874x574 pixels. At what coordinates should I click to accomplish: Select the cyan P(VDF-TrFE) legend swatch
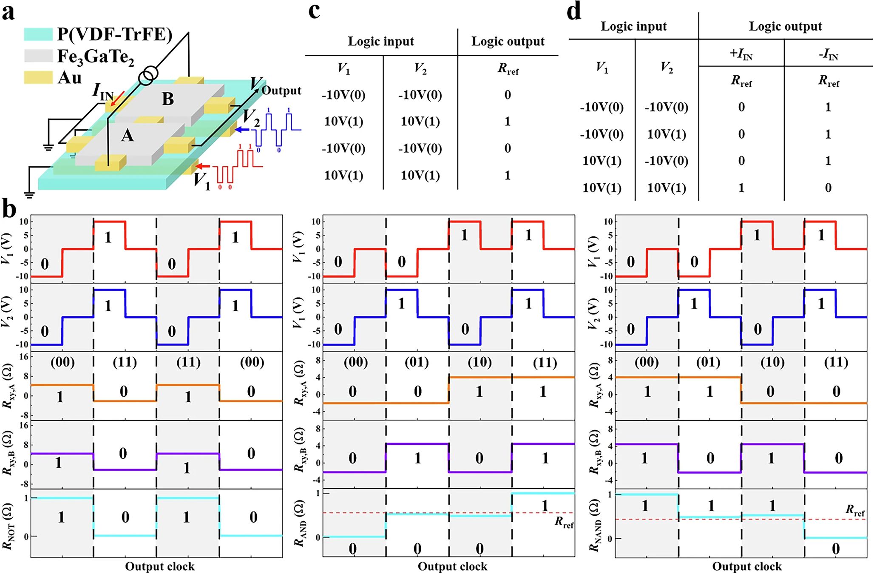coord(38,34)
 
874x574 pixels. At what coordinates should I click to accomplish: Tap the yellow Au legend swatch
coord(38,77)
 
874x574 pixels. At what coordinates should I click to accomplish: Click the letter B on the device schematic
coord(168,99)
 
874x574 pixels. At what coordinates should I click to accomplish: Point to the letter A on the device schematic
coord(127,136)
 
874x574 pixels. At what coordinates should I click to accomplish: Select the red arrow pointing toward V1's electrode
coord(205,166)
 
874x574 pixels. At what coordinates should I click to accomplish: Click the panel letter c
coord(314,11)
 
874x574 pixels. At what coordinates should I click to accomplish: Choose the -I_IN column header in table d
coord(828,54)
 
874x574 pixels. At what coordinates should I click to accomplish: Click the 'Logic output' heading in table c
coord(508,41)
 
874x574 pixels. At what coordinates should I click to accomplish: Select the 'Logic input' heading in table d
coord(633,26)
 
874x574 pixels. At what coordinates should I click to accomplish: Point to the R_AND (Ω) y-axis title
coord(300,523)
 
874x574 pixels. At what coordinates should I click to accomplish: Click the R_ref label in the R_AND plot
coord(564,522)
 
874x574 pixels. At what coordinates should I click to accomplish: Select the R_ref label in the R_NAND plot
coord(854,510)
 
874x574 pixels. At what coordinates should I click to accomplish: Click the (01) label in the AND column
coord(417,362)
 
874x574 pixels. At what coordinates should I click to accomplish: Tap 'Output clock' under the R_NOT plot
coord(159,566)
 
